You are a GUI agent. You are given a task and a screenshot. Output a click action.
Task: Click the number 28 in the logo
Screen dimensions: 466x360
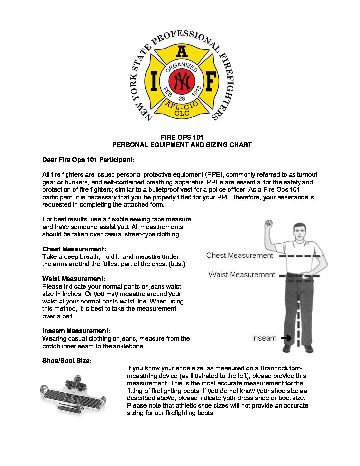(x=182, y=99)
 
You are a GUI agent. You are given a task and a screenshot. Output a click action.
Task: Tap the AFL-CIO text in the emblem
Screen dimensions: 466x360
(x=182, y=106)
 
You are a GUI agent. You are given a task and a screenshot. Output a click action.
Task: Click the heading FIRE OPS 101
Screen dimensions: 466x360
(x=182, y=137)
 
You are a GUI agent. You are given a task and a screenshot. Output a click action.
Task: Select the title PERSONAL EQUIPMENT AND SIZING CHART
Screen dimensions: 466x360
(x=182, y=145)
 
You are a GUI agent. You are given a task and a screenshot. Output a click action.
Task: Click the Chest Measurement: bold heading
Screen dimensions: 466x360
(x=74, y=249)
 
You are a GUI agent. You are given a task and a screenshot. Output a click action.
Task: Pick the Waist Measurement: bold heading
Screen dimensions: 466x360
(x=73, y=279)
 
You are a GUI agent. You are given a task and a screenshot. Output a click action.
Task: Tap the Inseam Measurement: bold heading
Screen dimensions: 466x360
(x=76, y=331)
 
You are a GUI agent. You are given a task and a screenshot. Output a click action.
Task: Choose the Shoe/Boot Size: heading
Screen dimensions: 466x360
(x=67, y=361)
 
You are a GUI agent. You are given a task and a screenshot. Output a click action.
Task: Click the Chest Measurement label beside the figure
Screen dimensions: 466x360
(x=240, y=256)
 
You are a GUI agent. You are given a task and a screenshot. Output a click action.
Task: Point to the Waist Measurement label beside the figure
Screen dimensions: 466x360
(x=242, y=275)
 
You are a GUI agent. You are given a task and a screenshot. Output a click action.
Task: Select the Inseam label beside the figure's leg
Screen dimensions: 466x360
(x=264, y=338)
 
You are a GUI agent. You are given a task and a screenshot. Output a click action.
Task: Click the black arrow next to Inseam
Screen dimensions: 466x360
(x=286, y=338)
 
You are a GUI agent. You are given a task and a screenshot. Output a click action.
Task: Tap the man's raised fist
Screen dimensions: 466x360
(x=269, y=225)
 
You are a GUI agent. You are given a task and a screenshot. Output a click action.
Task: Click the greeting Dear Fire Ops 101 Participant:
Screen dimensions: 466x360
(x=88, y=160)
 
